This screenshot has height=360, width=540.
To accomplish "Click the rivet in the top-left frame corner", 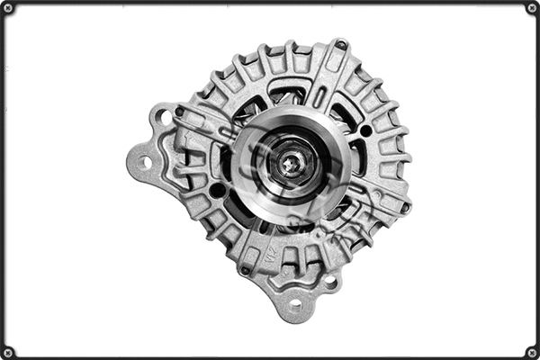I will pyautogui.click(x=7, y=8).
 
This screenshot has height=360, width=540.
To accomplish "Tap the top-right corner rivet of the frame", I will pyautogui.click(x=532, y=8).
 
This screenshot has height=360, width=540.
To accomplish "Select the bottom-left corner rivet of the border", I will pyautogui.click(x=7, y=352).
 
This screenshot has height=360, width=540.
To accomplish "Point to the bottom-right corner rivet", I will pyautogui.click(x=532, y=352).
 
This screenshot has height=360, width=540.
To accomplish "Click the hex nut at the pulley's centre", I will pyautogui.click(x=289, y=163).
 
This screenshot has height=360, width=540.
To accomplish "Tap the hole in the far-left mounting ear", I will pyautogui.click(x=141, y=163).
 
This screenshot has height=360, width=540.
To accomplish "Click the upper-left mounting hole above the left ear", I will pyautogui.click(x=164, y=116).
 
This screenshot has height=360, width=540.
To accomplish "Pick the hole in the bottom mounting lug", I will pyautogui.click(x=296, y=303).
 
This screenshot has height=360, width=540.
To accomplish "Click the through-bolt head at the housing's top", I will pyautogui.click(x=341, y=44).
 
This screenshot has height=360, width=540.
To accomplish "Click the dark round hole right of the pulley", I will pyautogui.click(x=365, y=130).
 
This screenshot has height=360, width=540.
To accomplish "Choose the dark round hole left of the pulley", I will pyautogui.click(x=217, y=190).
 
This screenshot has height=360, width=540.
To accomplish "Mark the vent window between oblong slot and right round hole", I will pyautogui.click(x=345, y=112).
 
